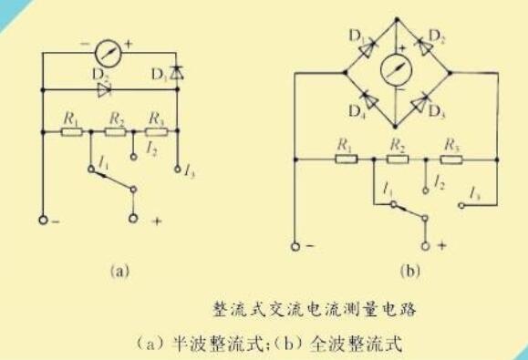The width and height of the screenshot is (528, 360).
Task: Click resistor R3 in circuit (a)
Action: click(x=156, y=132)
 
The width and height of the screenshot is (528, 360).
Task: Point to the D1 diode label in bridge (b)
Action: click(x=357, y=37)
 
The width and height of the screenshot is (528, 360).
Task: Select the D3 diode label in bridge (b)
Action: click(x=440, y=113)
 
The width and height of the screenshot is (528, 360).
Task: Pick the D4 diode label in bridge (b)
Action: click(x=357, y=113)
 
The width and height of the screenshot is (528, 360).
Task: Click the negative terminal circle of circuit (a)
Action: click(x=43, y=220)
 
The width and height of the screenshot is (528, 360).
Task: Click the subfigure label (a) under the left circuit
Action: click(x=116, y=269)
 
